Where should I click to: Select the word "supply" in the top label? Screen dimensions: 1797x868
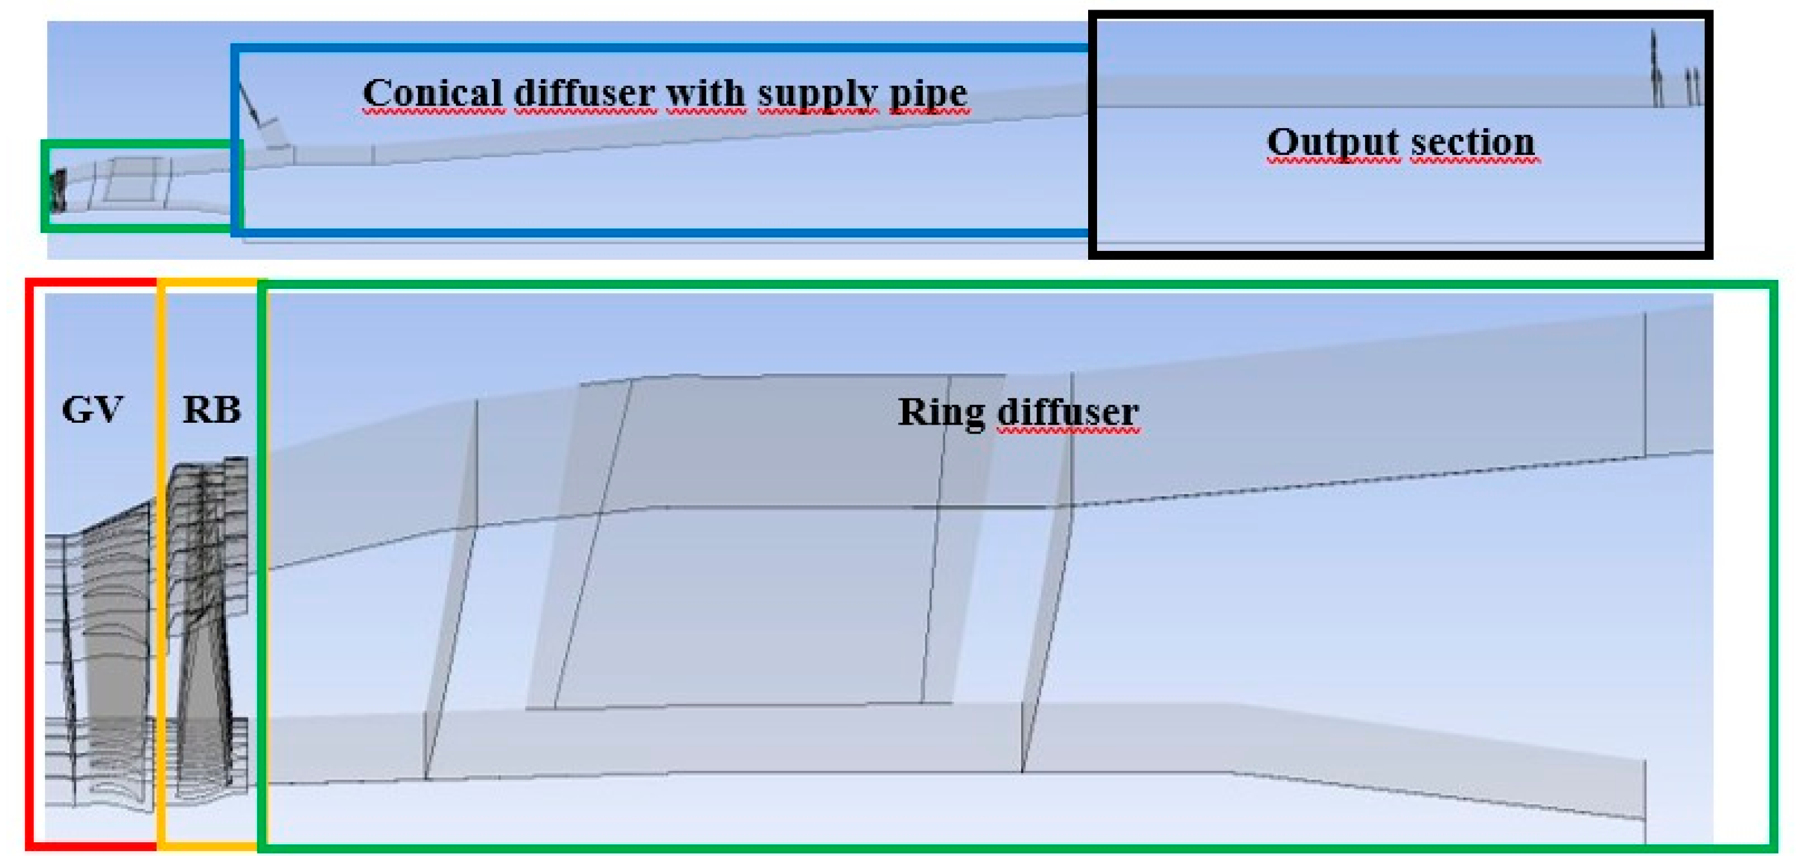click(x=818, y=95)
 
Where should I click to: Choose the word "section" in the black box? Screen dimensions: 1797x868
click(x=1472, y=142)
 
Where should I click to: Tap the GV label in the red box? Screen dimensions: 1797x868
click(x=92, y=409)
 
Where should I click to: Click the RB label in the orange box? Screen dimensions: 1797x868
click(x=211, y=409)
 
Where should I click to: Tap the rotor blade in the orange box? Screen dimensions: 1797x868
click(x=206, y=627)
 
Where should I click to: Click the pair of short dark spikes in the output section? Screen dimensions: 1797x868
click(x=1692, y=87)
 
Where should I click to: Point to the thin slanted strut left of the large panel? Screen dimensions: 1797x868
click(x=451, y=589)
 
